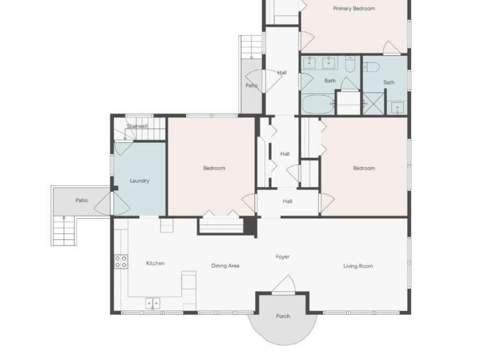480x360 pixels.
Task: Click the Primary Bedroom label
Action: click(354, 9)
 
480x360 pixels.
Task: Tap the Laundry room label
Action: click(140, 181)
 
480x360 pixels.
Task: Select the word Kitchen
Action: click(155, 263)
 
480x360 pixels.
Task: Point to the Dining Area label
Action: click(225, 265)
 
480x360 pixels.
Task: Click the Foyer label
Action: click(282, 256)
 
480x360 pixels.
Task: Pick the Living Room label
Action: click(358, 266)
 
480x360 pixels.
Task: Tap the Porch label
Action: click(283, 316)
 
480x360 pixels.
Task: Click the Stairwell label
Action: click(137, 126)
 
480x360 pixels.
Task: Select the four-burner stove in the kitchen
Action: click(121, 262)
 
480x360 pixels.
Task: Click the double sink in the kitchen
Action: click(153, 304)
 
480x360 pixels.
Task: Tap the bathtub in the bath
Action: click(318, 104)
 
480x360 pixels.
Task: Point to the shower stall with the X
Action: click(373, 104)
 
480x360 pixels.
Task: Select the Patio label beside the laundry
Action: click(82, 200)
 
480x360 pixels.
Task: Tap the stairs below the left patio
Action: click(64, 231)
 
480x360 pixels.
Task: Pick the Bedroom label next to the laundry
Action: click(214, 168)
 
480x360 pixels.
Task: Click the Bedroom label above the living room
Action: click(364, 168)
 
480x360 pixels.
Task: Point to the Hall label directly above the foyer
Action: click(288, 201)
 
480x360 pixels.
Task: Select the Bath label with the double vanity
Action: click(330, 81)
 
